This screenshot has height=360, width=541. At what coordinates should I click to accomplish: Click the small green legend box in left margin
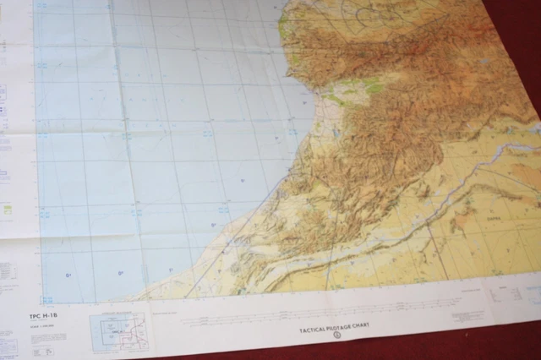point(7,208)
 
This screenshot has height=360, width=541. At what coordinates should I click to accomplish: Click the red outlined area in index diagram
point(128,333)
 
